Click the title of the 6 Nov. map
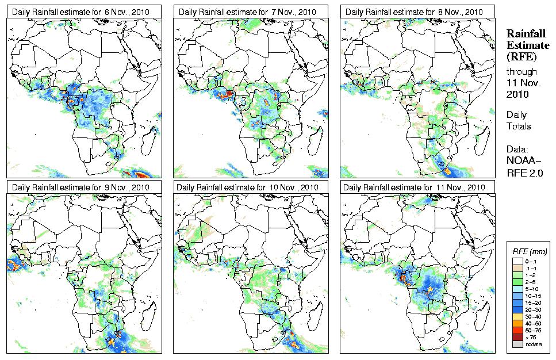click(80, 12)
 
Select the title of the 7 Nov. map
click(248, 12)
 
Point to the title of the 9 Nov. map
click(80, 187)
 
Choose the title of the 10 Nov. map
click(248, 187)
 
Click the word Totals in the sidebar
click(519, 126)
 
